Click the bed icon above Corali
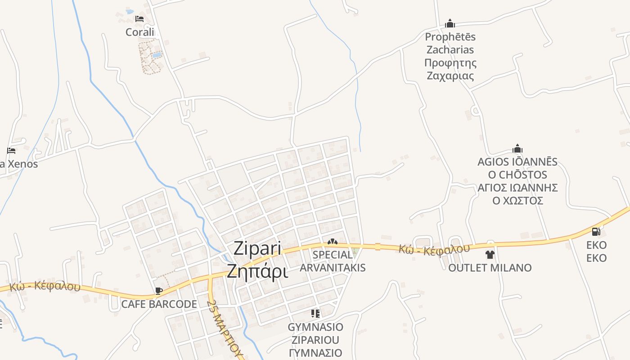coord(139,19)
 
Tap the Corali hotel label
coord(139,32)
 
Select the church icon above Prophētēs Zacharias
coord(450,23)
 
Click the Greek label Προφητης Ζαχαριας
coord(450,69)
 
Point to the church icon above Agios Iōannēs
coord(517,148)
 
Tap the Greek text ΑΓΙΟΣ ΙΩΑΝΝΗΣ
coord(517,187)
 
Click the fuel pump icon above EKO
coord(596,232)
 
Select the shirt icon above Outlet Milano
coord(490,255)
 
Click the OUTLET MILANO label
coord(490,268)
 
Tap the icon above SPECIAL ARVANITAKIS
coord(333,242)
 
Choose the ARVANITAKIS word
coord(333,268)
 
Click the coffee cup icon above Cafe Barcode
coord(158,291)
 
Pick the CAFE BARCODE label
coord(159,304)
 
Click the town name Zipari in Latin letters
coord(257,249)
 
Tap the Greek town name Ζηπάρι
coord(257,271)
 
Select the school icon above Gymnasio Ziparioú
coord(315,313)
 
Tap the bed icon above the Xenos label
coord(11,151)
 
